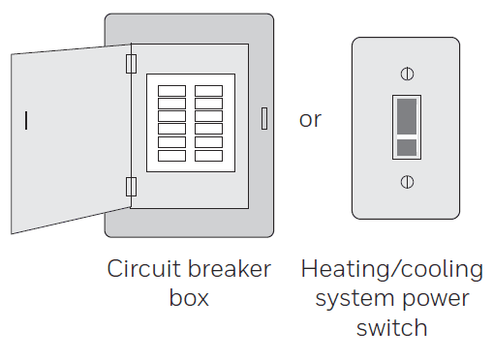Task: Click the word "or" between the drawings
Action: (x=310, y=119)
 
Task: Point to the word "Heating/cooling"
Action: (x=391, y=269)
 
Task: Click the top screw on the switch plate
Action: (x=408, y=74)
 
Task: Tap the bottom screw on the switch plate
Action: (x=408, y=180)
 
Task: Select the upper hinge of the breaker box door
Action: (x=132, y=63)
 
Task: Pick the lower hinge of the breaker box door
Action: (x=132, y=186)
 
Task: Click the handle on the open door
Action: (x=26, y=120)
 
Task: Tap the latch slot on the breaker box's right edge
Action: (x=263, y=118)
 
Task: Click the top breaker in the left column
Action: (x=171, y=91)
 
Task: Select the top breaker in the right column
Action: (x=208, y=91)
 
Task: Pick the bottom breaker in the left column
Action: (x=171, y=155)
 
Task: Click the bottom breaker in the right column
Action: (x=208, y=155)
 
